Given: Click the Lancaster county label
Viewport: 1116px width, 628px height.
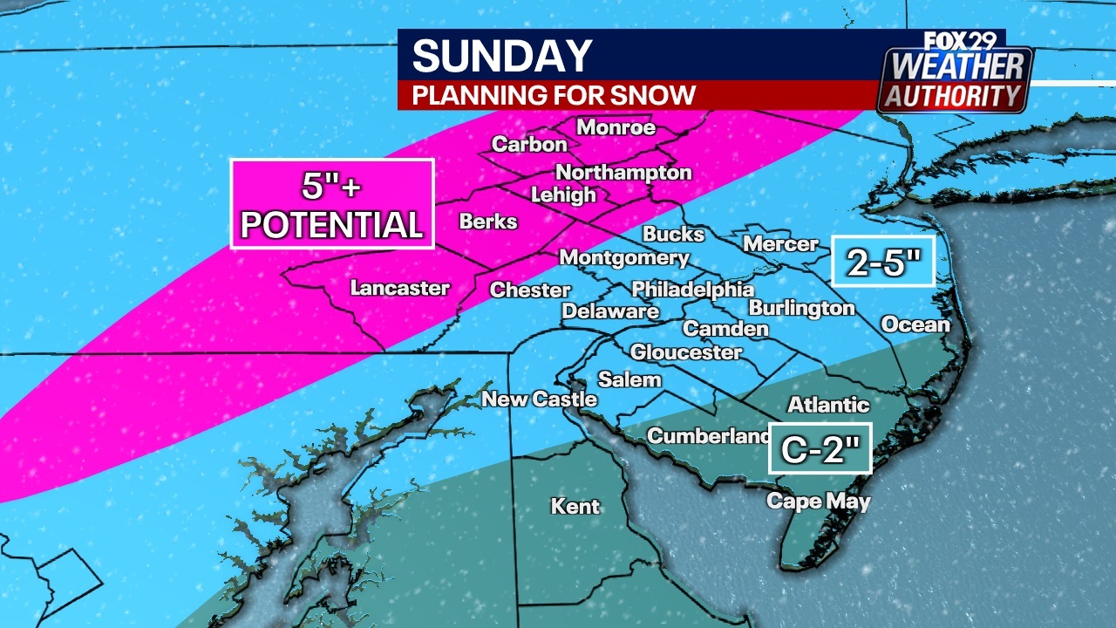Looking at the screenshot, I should click(x=399, y=288).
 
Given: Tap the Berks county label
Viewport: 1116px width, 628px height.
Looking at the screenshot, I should click(x=488, y=222).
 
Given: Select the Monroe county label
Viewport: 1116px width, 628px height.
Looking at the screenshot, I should click(x=616, y=127).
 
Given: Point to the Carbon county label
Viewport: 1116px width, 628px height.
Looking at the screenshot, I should click(x=529, y=145).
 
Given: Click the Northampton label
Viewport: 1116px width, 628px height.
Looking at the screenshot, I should click(x=623, y=172).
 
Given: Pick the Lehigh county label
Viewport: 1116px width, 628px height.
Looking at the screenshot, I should click(x=563, y=195).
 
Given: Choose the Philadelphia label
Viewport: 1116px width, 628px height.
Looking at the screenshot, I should click(x=692, y=289).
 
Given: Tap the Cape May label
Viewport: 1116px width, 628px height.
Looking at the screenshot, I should click(x=818, y=502).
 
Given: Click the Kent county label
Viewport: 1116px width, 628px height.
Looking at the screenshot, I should click(x=575, y=506).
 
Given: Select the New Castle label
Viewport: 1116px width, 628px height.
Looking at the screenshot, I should click(x=540, y=399).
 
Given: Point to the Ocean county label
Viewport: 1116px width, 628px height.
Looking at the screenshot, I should click(x=915, y=324).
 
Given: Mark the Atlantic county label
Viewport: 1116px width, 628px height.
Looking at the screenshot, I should click(x=828, y=404).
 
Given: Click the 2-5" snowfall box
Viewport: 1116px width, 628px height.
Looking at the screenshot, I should click(x=882, y=261).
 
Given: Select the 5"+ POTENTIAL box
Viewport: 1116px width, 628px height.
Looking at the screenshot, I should click(x=332, y=204).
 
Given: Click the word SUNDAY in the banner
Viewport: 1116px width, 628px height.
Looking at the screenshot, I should click(x=502, y=56).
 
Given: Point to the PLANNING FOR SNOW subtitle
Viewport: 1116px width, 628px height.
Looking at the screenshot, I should click(x=554, y=95).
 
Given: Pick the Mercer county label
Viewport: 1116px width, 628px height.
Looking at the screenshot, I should click(x=779, y=245).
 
